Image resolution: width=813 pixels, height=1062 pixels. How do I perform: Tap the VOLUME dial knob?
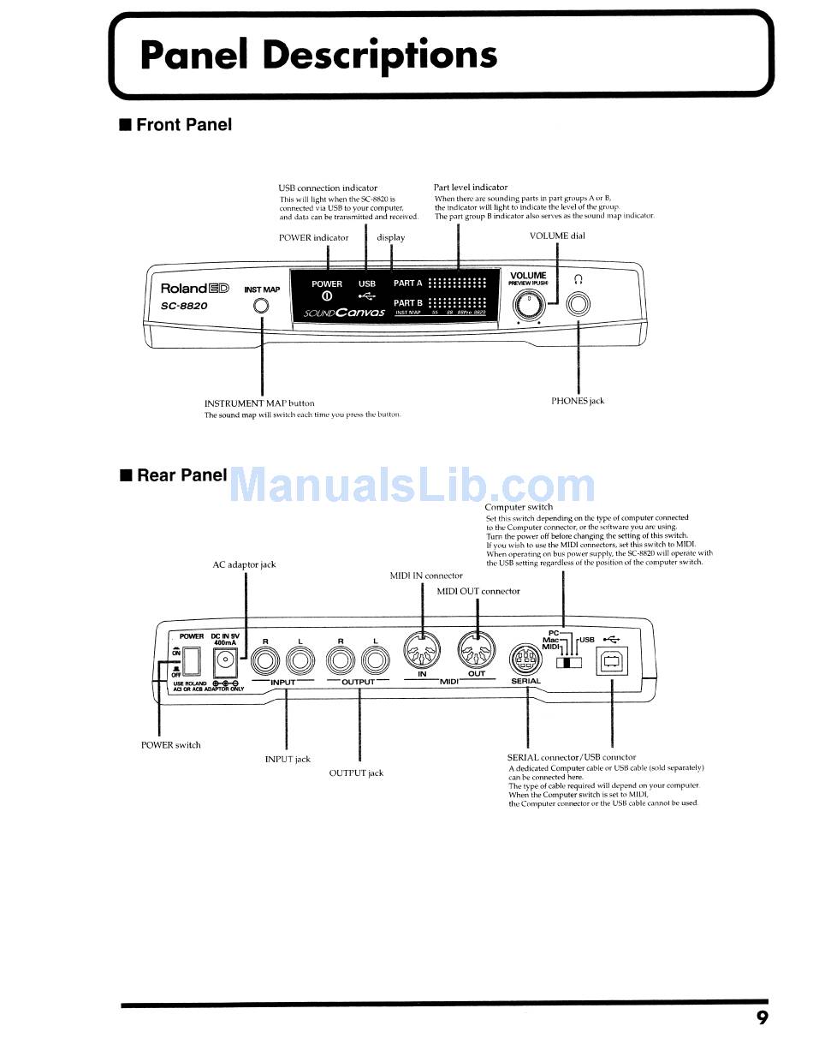(528, 305)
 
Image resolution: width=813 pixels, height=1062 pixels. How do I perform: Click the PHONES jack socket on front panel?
(579, 305)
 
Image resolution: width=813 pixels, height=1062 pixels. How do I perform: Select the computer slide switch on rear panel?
(568, 662)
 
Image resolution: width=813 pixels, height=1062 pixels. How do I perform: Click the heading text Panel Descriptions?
(318, 55)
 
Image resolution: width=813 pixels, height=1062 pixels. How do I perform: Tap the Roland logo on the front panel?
(195, 289)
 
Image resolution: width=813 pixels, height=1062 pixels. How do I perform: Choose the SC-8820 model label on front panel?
(183, 306)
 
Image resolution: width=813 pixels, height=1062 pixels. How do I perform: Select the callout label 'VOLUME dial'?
(557, 236)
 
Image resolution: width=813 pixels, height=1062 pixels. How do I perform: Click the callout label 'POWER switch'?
(170, 745)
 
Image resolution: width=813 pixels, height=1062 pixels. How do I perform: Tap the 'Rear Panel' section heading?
(181, 475)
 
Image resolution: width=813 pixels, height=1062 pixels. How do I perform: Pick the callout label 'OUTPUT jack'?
(356, 773)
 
